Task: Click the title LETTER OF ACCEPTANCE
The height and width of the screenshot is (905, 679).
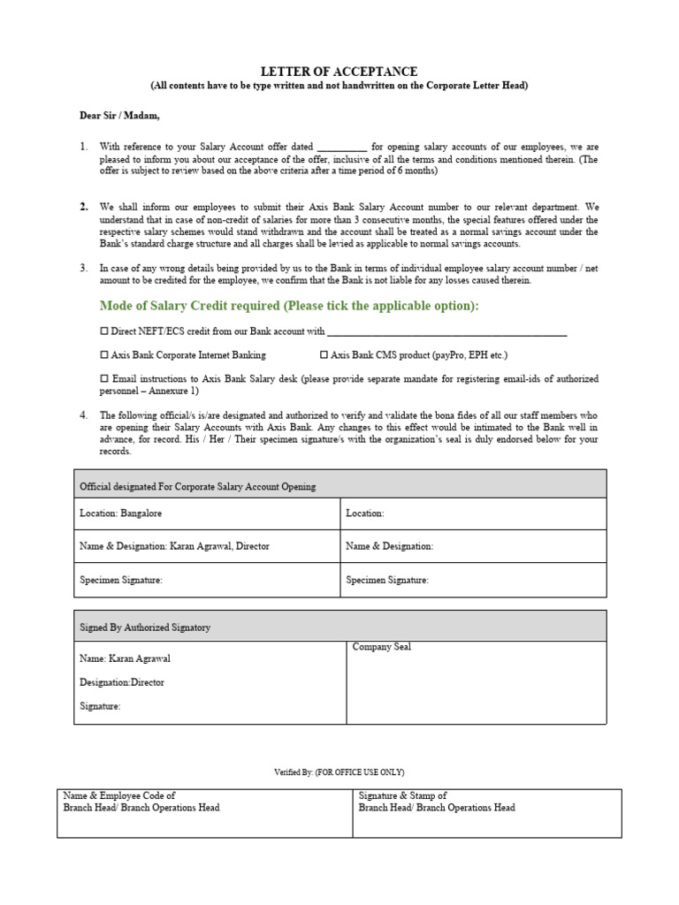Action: click(x=339, y=72)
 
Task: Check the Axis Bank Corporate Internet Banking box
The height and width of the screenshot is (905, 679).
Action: click(x=103, y=355)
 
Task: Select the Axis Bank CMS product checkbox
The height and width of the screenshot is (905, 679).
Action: click(x=324, y=355)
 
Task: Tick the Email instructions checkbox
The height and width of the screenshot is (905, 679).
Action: click(x=103, y=379)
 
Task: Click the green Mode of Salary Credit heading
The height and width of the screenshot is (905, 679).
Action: click(x=289, y=306)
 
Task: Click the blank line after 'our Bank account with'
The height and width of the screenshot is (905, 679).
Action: click(x=446, y=333)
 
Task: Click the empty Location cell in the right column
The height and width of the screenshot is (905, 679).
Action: click(x=473, y=513)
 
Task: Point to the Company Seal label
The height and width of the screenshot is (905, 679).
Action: click(x=382, y=648)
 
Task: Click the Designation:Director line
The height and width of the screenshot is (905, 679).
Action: click(x=122, y=682)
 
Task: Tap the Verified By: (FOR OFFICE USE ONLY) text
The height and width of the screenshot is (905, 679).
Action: click(x=339, y=772)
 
